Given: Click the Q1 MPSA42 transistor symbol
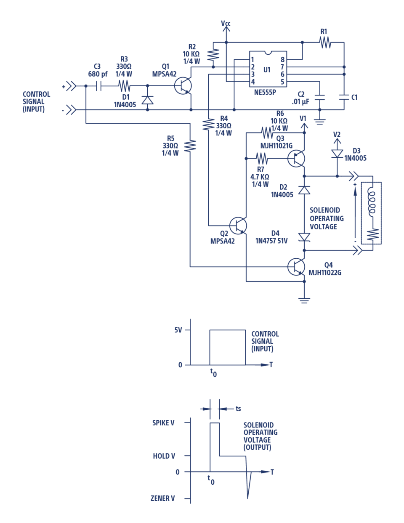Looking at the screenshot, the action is click(x=183, y=86).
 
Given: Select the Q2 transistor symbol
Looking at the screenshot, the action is click(x=238, y=226).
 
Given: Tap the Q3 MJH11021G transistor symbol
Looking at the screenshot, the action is click(x=296, y=159).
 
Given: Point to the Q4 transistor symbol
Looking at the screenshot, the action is click(x=296, y=267).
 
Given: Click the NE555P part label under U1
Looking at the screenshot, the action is click(x=265, y=92).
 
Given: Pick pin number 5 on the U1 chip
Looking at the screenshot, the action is click(x=282, y=82).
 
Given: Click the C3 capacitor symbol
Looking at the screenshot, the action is click(x=98, y=86).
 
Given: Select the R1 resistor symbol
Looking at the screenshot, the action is click(x=325, y=42).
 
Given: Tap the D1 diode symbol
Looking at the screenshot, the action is click(x=147, y=100).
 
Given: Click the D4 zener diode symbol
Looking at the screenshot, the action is click(x=304, y=237).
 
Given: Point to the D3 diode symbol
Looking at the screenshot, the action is click(x=337, y=154).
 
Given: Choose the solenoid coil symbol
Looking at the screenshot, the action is click(x=372, y=203).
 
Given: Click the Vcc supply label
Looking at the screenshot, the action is click(x=226, y=23).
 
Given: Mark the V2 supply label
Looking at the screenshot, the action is click(x=337, y=134).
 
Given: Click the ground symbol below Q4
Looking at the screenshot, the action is click(x=304, y=300).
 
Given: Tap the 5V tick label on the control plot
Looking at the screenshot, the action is click(x=178, y=330).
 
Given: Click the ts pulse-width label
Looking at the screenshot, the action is click(x=238, y=409).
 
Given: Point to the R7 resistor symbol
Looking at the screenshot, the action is click(x=262, y=159).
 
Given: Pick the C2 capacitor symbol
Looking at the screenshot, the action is click(x=320, y=98).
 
